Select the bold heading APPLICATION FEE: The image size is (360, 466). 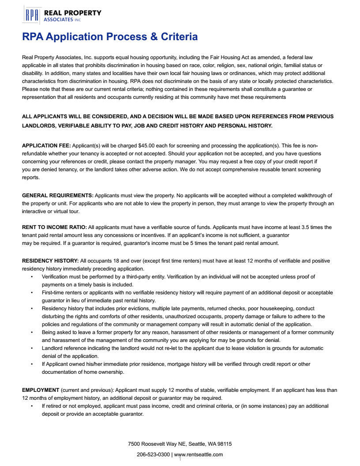pyautogui.click(x=46, y=145)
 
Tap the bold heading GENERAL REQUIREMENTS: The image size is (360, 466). pyautogui.click(x=58, y=195)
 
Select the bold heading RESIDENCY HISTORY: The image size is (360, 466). pyautogui.click(x=50, y=261)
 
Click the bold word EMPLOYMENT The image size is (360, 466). pyautogui.click(x=41, y=390)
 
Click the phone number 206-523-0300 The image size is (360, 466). pyautogui.click(x=153, y=455)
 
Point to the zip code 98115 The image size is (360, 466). pyautogui.click(x=225, y=444)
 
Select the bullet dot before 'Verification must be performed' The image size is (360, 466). pyautogui.click(x=32, y=277)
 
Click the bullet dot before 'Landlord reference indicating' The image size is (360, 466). pyautogui.click(x=32, y=348)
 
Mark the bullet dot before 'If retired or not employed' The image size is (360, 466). pyautogui.click(x=32, y=406)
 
